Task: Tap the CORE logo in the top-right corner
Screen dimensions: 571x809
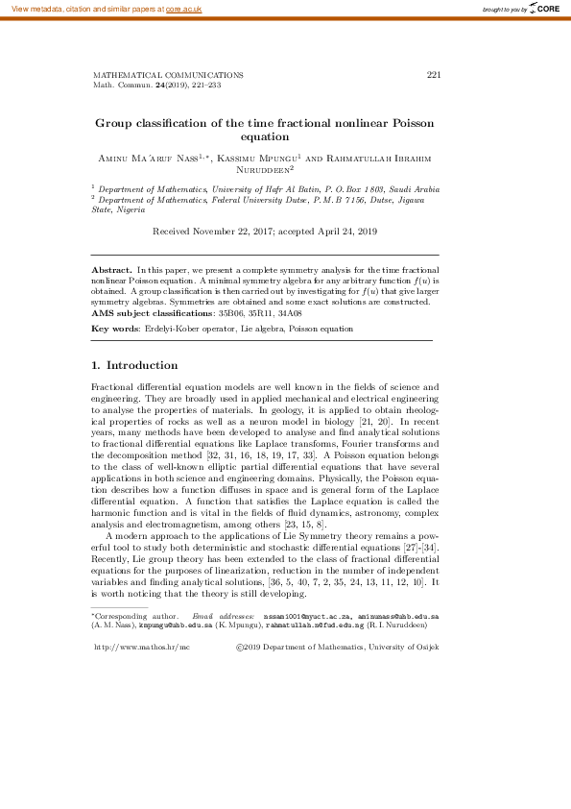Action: tap(545, 9)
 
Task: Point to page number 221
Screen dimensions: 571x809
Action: tap(433, 75)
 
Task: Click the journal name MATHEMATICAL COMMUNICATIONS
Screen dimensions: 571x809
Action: tap(168, 75)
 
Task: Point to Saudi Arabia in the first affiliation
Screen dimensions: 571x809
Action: tap(414, 190)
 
